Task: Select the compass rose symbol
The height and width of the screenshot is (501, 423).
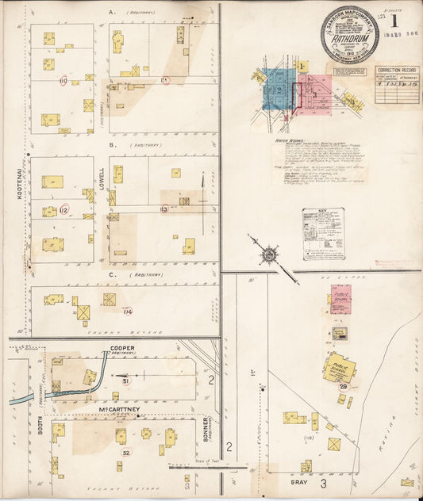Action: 269,254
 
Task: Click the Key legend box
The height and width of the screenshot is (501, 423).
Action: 322,233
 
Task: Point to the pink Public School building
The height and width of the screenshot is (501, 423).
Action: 340,299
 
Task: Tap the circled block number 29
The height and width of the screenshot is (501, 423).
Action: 344,386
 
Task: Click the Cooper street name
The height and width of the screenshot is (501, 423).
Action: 122,348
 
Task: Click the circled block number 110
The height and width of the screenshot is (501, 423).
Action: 62,81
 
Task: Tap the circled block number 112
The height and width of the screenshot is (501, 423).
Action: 63,209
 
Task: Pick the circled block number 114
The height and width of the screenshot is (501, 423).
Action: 128,312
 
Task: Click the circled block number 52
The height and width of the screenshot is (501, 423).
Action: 126,453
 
